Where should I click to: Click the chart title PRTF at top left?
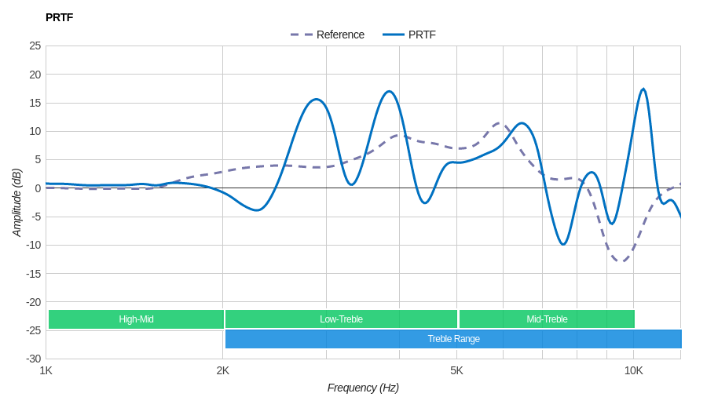click(x=59, y=17)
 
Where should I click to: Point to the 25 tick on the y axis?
click(x=35, y=46)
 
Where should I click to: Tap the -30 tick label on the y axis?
click(x=33, y=359)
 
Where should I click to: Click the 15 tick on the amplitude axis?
click(x=35, y=103)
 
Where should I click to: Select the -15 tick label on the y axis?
click(x=33, y=273)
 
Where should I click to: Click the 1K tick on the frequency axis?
click(x=46, y=370)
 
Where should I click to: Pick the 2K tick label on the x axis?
click(x=223, y=370)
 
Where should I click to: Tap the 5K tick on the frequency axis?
click(x=456, y=370)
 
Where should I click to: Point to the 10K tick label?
click(x=633, y=370)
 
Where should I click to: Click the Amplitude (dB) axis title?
click(x=16, y=202)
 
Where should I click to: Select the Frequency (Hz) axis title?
click(x=363, y=388)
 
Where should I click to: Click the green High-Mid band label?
click(x=136, y=319)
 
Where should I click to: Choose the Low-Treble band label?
click(x=341, y=319)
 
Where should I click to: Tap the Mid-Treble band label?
click(x=547, y=319)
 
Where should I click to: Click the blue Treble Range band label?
click(x=453, y=339)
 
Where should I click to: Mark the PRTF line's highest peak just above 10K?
click(x=643, y=89)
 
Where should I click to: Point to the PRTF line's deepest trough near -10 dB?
click(x=562, y=244)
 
